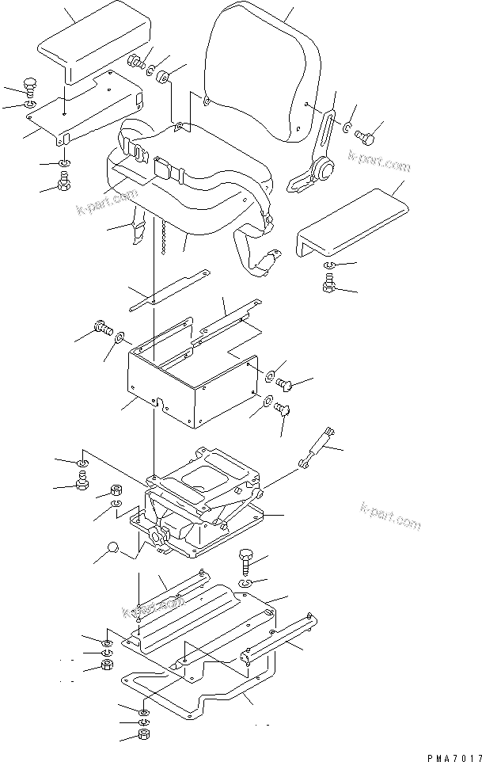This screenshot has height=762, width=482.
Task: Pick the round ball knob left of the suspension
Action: [x=113, y=548]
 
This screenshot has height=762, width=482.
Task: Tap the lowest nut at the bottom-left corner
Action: [x=146, y=735]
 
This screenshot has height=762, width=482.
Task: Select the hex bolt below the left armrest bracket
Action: [x=65, y=187]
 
